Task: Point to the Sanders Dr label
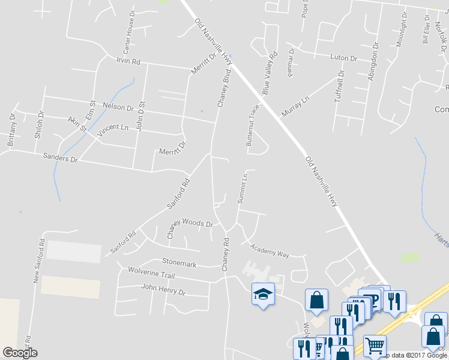click(x=60, y=158)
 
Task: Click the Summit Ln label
click(x=243, y=188)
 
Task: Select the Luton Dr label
click(x=343, y=58)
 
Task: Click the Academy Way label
click(x=270, y=251)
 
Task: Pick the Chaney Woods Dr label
click(x=190, y=229)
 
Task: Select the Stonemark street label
click(x=179, y=263)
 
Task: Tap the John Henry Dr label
click(x=163, y=290)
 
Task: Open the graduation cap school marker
click(x=262, y=294)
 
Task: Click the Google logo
click(x=20, y=353)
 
